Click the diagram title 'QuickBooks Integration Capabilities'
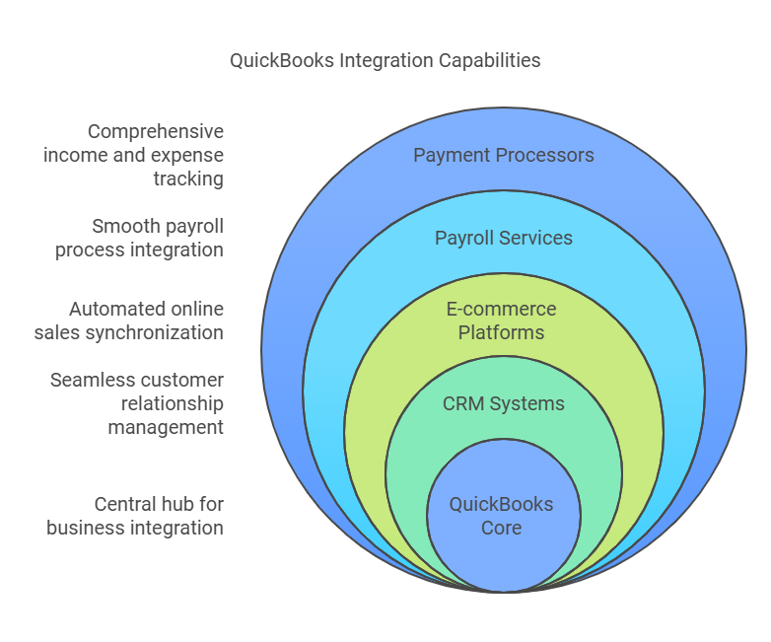tap(385, 60)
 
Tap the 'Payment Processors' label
tap(503, 155)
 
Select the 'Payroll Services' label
tap(503, 238)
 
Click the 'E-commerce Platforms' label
tap(502, 321)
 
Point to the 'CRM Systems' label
tap(503, 403)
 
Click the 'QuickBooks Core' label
tap(502, 516)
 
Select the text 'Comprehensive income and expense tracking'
tap(134, 155)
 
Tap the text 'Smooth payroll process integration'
tap(140, 238)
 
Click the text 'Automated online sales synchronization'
tap(129, 321)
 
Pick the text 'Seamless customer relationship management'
tap(137, 403)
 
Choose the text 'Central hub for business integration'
tap(135, 516)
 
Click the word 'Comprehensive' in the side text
tap(156, 131)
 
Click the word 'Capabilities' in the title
tap(490, 60)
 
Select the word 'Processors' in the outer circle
tap(550, 155)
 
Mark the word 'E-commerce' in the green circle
tap(502, 309)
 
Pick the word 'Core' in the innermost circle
tap(502, 528)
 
